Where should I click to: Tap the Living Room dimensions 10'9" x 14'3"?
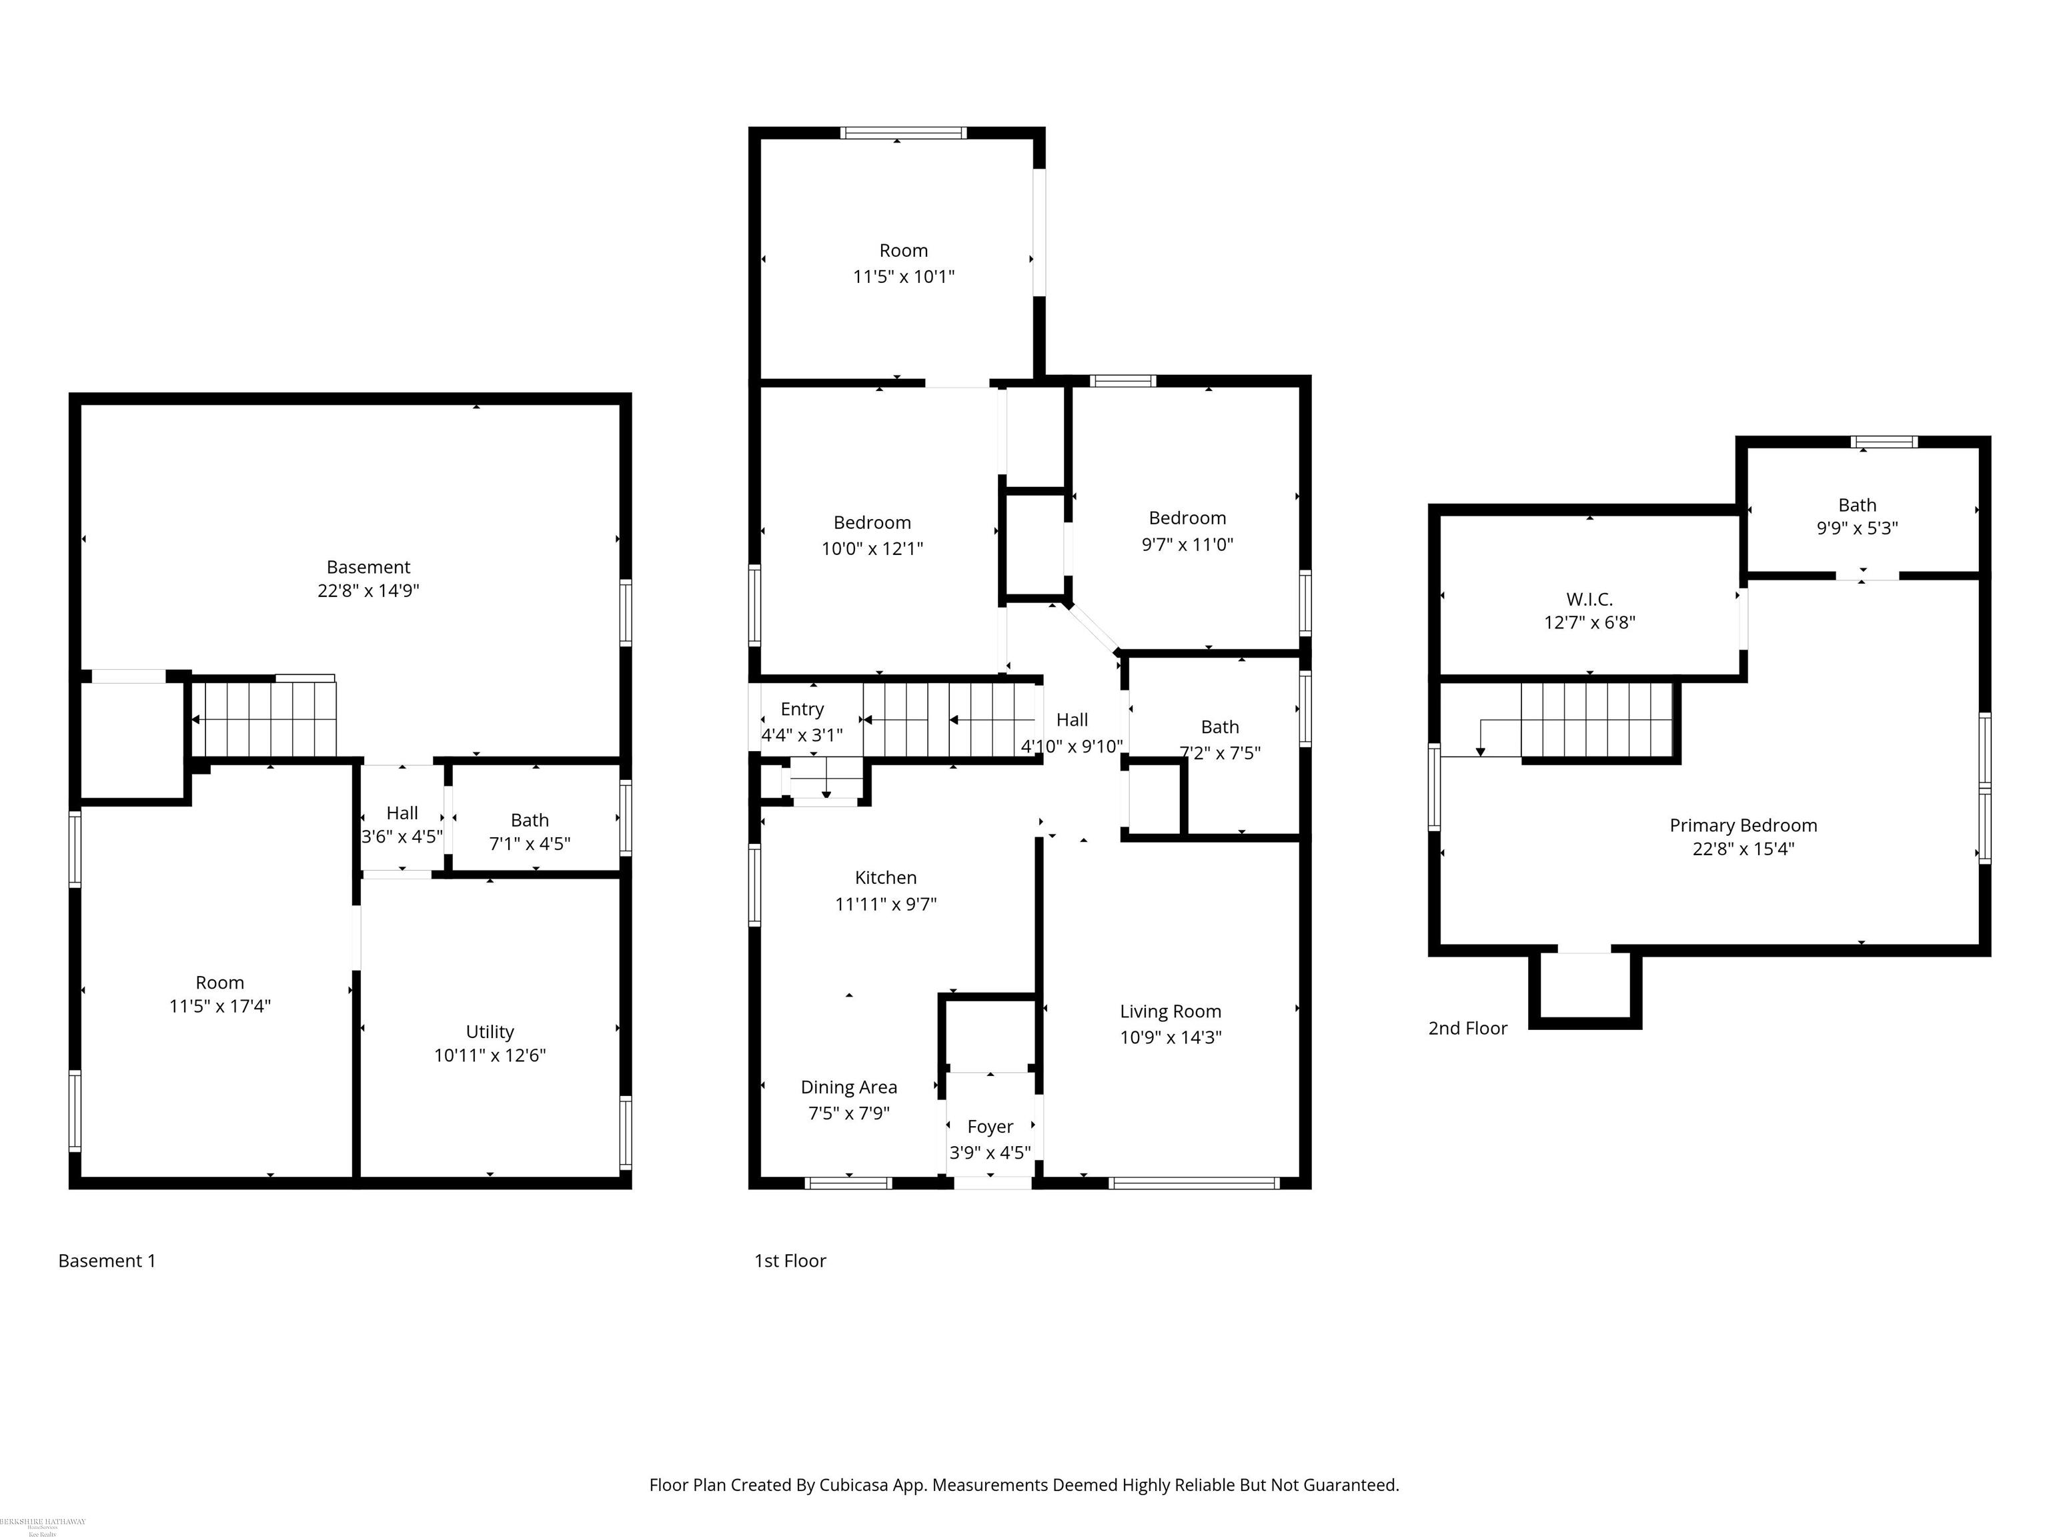tap(1170, 1037)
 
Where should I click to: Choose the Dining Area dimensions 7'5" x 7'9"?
tap(848, 1113)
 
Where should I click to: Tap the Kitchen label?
tap(886, 877)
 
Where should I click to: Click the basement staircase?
tap(269, 720)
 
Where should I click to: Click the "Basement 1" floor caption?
tap(107, 1260)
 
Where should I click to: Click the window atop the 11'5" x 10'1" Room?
tap(902, 133)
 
